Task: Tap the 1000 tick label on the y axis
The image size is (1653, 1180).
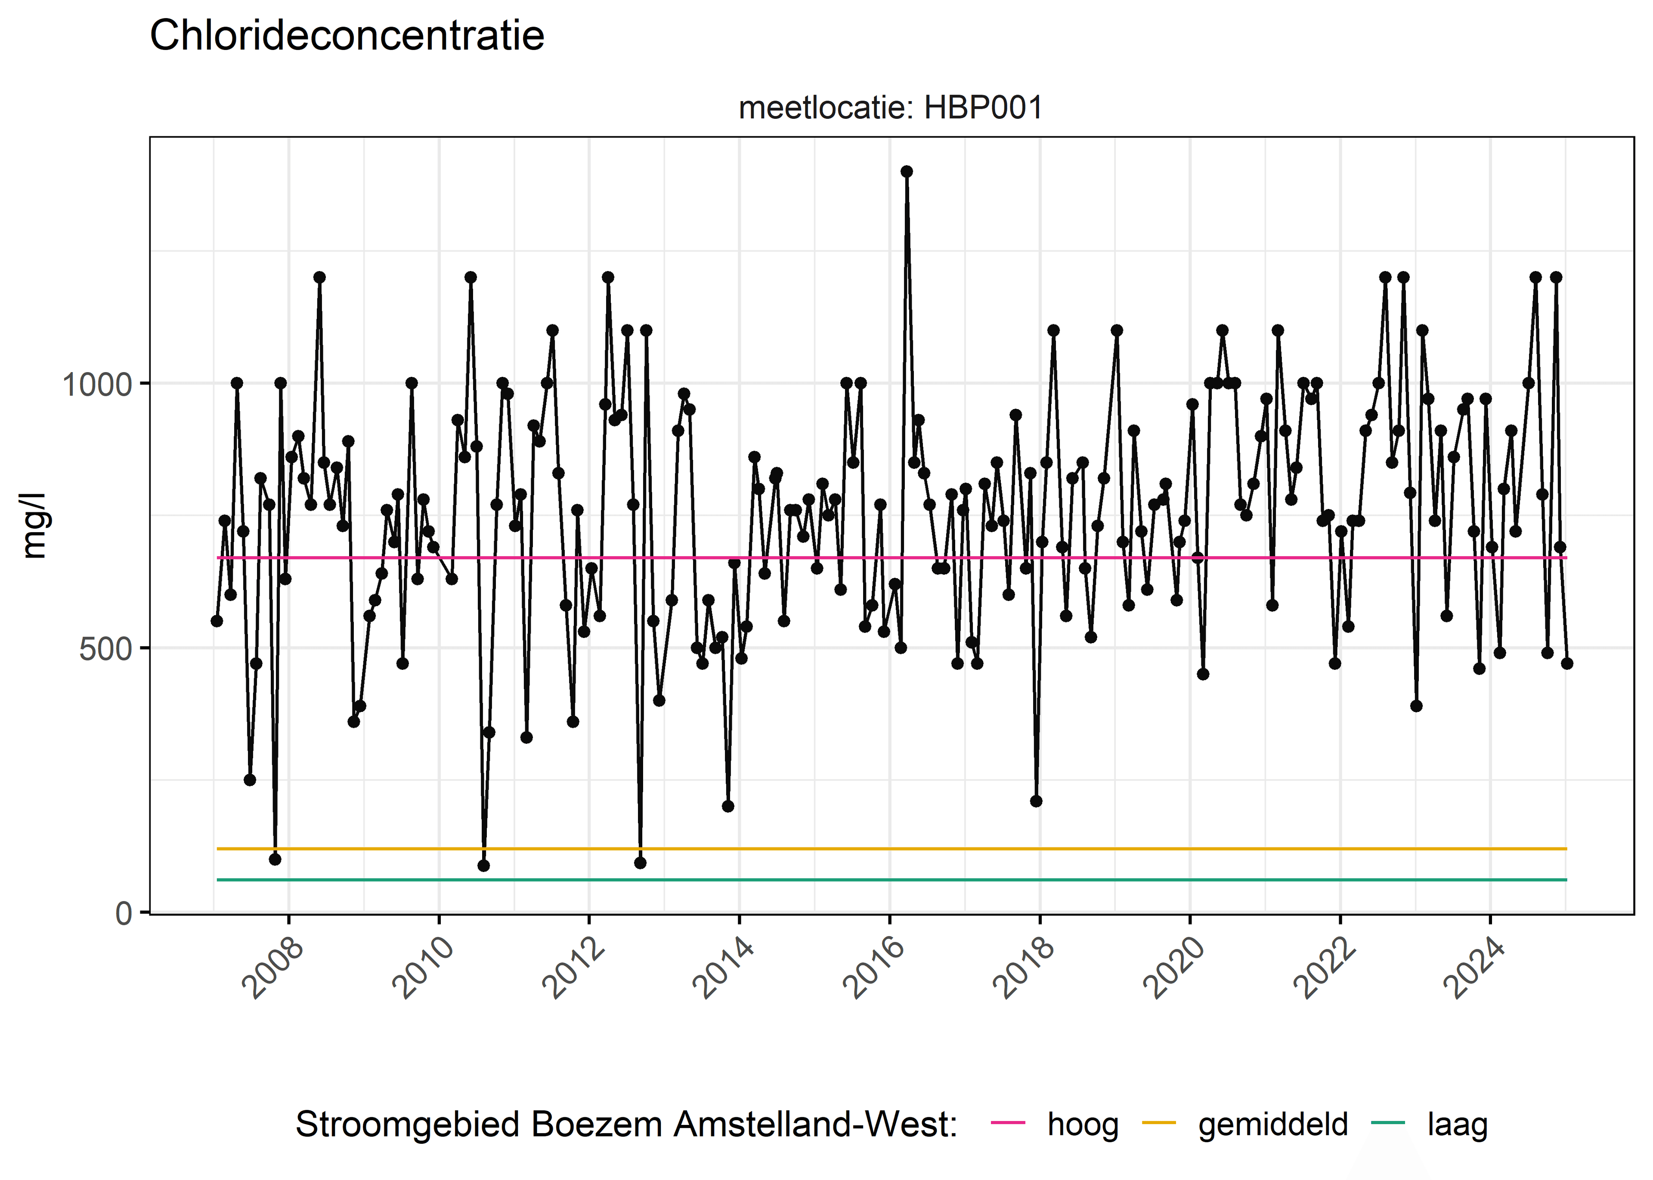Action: coord(97,384)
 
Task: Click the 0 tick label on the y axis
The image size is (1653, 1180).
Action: coord(124,912)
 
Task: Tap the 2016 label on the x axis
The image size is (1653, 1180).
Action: coord(874,968)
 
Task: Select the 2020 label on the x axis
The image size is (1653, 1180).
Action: coord(1175,968)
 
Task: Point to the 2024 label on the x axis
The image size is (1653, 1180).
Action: coord(1475,968)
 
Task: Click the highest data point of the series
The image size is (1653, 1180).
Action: coord(907,172)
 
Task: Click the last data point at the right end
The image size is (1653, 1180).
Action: coord(1566,663)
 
